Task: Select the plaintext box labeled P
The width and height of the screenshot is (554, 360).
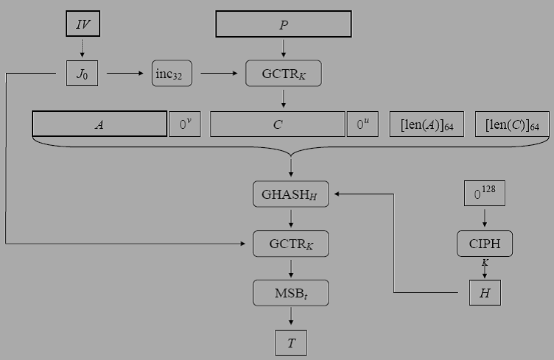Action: tap(283, 24)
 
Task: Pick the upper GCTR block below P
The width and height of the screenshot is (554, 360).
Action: tap(283, 74)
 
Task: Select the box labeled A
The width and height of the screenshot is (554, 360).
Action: tap(99, 124)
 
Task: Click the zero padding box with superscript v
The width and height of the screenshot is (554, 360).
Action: tap(183, 124)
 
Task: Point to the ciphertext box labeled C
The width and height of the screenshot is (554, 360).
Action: tap(278, 124)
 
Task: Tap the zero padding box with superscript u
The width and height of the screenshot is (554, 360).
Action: tap(362, 124)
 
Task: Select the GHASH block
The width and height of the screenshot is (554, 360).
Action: tap(290, 194)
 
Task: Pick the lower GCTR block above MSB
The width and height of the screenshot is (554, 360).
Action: tap(290, 244)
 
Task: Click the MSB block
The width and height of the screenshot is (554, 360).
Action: tap(290, 293)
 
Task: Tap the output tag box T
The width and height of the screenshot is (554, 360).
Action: tap(290, 342)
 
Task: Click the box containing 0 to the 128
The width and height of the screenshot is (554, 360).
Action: tap(484, 194)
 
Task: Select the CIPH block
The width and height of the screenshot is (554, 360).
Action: tap(484, 244)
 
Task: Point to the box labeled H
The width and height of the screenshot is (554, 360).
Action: tap(484, 293)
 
